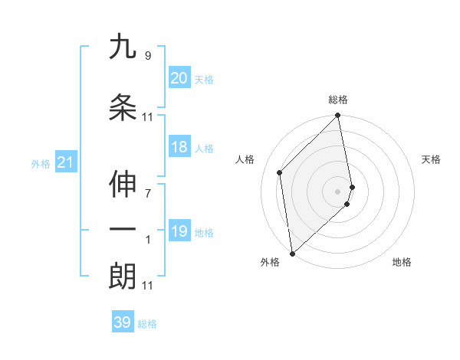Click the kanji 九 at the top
[123, 47]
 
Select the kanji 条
[123, 107]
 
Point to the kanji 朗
[123, 277]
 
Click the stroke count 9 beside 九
[147, 56]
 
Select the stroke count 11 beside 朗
[147, 286]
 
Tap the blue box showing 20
[179, 77]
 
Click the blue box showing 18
[179, 147]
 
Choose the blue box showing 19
[179, 231]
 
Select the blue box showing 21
[64, 162]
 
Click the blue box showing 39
[122, 322]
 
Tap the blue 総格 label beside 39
[147, 324]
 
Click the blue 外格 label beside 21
[41, 163]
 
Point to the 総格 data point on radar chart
[337, 116]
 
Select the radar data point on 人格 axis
[280, 172]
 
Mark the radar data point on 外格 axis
[291, 253]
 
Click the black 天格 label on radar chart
[431, 159]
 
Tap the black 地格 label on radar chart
[402, 262]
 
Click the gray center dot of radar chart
[337, 191]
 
